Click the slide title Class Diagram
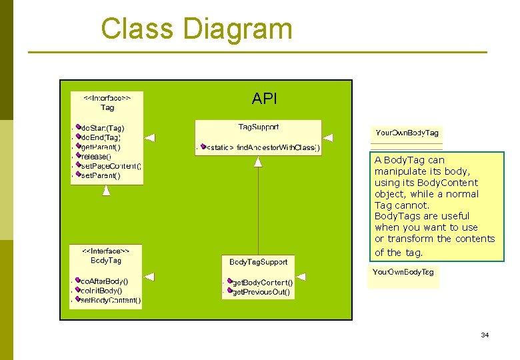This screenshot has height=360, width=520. pos(196,29)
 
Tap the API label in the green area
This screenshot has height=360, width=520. pos(264,99)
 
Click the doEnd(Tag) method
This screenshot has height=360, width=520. pos(101,137)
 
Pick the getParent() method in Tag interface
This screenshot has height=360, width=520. pos(101,147)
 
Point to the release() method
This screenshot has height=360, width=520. pos(96,156)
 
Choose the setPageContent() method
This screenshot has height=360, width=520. pos(110,165)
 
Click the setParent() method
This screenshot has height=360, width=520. pos(100,175)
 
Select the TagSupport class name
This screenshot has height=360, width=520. pos(259,127)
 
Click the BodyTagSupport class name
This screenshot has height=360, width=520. pos(258,262)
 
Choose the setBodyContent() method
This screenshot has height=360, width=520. pos(110,300)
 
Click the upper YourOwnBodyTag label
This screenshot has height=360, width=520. pos(407,133)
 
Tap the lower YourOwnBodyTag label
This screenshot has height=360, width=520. pos(403,272)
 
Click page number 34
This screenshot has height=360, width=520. pos(485,335)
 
